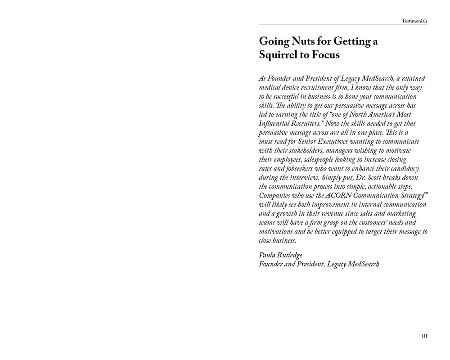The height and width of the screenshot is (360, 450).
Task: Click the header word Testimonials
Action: (x=414, y=21)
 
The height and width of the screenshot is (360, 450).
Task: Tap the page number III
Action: (x=424, y=336)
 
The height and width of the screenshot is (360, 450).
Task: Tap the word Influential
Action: (x=274, y=123)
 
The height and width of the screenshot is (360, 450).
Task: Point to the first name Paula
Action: (x=268, y=255)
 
